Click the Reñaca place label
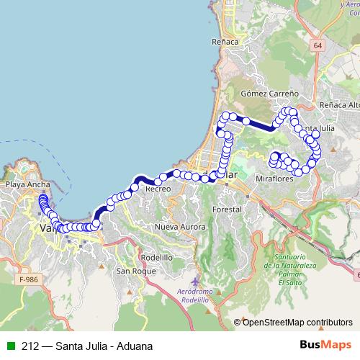(x=225, y=42)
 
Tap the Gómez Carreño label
(x=265, y=94)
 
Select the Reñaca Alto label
(x=338, y=105)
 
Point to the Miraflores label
(x=274, y=178)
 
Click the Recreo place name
(x=157, y=188)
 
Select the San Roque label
(x=133, y=271)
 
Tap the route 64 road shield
(x=318, y=45)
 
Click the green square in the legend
(x=9, y=346)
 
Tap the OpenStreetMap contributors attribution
(x=297, y=322)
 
